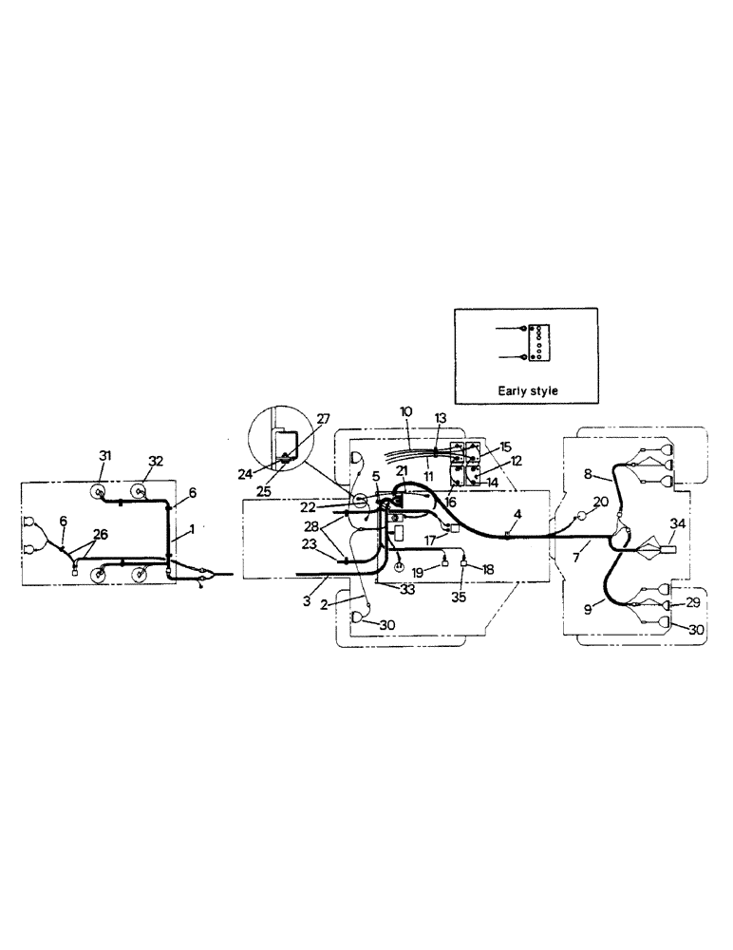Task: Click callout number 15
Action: click(504, 446)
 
